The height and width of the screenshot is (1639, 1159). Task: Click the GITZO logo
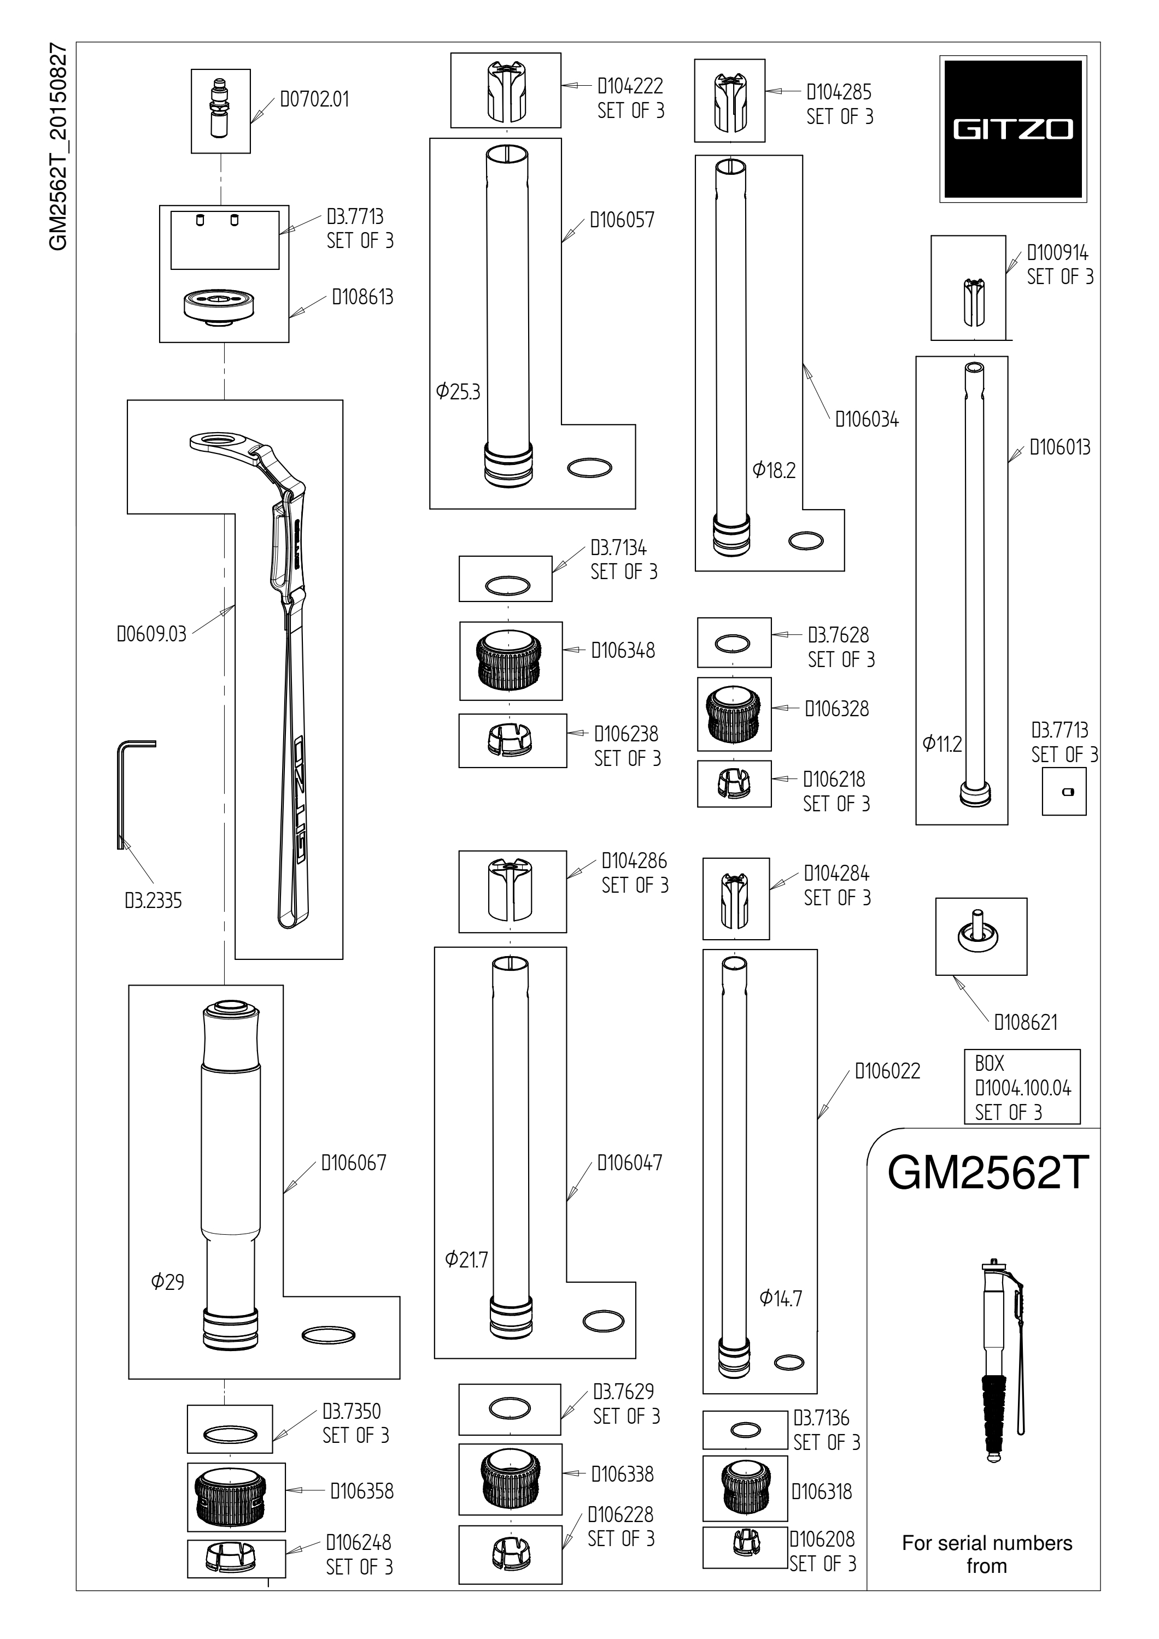click(x=1012, y=129)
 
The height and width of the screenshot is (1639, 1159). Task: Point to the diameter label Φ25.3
click(x=458, y=391)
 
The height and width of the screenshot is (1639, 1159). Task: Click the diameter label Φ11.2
click(x=942, y=744)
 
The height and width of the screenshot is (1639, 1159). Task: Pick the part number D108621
click(x=1026, y=1022)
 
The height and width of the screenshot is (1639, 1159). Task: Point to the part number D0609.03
click(x=151, y=634)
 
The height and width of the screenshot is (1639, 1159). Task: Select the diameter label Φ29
click(x=168, y=1281)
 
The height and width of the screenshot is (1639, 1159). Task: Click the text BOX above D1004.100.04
click(x=989, y=1064)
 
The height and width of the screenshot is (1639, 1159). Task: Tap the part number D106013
click(x=1060, y=447)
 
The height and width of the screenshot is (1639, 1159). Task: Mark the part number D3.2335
click(x=154, y=901)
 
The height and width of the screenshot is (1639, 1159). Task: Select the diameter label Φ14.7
click(x=781, y=1298)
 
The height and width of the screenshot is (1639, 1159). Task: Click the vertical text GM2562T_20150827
click(x=58, y=147)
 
